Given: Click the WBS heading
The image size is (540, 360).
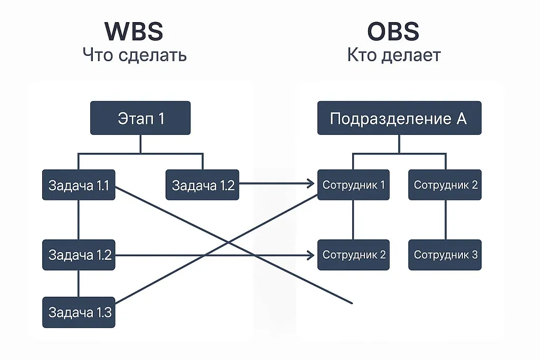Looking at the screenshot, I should coord(134,31).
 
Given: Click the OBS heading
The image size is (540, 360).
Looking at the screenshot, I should coord(393,31).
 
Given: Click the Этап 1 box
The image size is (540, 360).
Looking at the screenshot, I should coord(140,118).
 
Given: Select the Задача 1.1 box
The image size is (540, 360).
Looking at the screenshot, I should coord(79,185).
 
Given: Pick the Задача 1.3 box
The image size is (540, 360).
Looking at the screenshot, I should coord(79,312).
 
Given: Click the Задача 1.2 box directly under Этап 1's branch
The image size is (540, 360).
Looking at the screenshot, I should coord(202,185).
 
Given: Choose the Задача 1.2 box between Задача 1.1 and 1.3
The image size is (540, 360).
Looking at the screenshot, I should coord(79,255).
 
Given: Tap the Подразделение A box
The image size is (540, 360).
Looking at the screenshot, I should coord(399,118).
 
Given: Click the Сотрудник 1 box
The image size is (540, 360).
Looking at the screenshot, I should coord(353,185).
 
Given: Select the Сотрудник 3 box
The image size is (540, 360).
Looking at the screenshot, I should coord(445,255).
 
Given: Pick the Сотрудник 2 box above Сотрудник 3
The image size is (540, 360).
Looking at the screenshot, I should coord(445,185).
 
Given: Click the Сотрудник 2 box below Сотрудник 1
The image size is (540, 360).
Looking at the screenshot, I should coord(353,255).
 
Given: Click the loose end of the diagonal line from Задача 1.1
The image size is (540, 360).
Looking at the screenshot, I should coord(351,303).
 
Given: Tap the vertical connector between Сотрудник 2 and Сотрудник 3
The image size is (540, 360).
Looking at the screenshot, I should coord(445,220).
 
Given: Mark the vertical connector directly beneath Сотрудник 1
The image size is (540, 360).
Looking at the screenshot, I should coord(353,220).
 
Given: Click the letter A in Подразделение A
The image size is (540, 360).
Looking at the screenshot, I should coord(461,118).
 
